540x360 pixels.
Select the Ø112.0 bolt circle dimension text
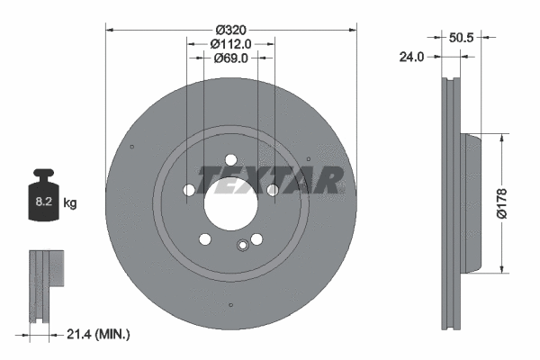pyautogui.click(x=230, y=42)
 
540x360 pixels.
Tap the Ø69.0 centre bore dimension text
pyautogui.click(x=230, y=58)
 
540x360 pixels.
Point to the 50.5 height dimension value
pyautogui.click(x=461, y=38)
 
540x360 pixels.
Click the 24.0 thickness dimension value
pyautogui.click(x=411, y=56)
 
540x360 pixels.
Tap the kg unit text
pyautogui.click(x=70, y=203)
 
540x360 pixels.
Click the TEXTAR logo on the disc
pyautogui.click(x=270, y=179)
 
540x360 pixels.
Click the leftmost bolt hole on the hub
pyautogui.click(x=188, y=190)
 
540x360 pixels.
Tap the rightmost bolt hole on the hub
pyautogui.click(x=273, y=190)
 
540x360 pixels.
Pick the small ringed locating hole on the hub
pyautogui.click(x=240, y=246)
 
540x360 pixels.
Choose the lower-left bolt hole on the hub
pyautogui.click(x=205, y=238)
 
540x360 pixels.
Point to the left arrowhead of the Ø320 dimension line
pyautogui.click(x=110, y=29)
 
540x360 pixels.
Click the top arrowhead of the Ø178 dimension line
pyautogui.click(x=501, y=138)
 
